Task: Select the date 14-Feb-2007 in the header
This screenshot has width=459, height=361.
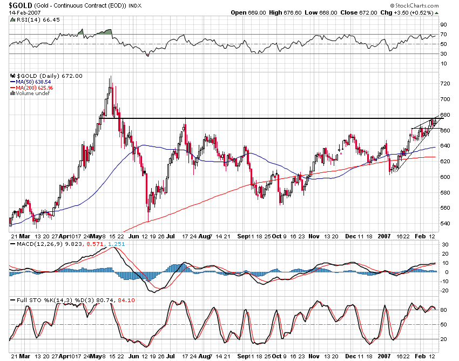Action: click(23, 12)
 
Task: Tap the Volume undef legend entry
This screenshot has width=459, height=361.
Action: click(30, 93)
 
